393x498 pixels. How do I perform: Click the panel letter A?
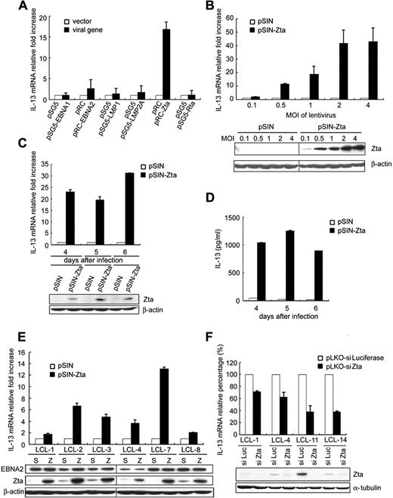coord(10,8)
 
